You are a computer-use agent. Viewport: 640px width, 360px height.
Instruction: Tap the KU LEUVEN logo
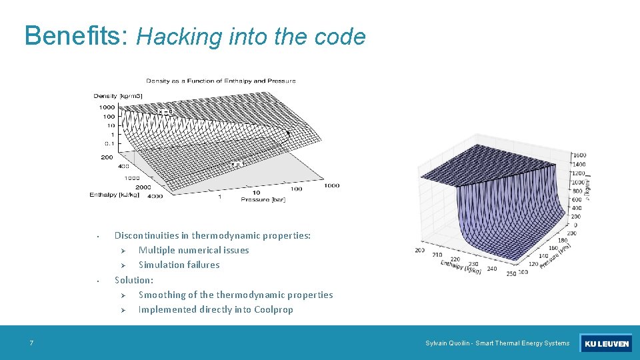(x=606, y=344)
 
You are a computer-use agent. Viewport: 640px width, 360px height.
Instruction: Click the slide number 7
(x=31, y=343)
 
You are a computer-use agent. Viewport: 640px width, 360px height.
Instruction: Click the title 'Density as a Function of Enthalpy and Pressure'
(x=221, y=81)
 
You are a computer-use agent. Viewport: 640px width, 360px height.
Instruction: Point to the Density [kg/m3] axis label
(x=117, y=96)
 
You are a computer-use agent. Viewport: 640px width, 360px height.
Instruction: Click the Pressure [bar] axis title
(x=265, y=199)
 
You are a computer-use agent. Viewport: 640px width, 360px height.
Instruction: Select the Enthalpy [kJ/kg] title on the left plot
(x=113, y=195)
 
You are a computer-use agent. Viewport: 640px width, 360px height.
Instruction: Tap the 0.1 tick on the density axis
(x=108, y=143)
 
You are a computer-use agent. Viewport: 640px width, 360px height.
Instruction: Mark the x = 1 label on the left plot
(x=237, y=164)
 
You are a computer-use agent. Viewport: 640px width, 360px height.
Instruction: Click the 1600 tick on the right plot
(x=579, y=155)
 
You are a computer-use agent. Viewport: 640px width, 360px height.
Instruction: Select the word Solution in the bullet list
(x=133, y=280)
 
